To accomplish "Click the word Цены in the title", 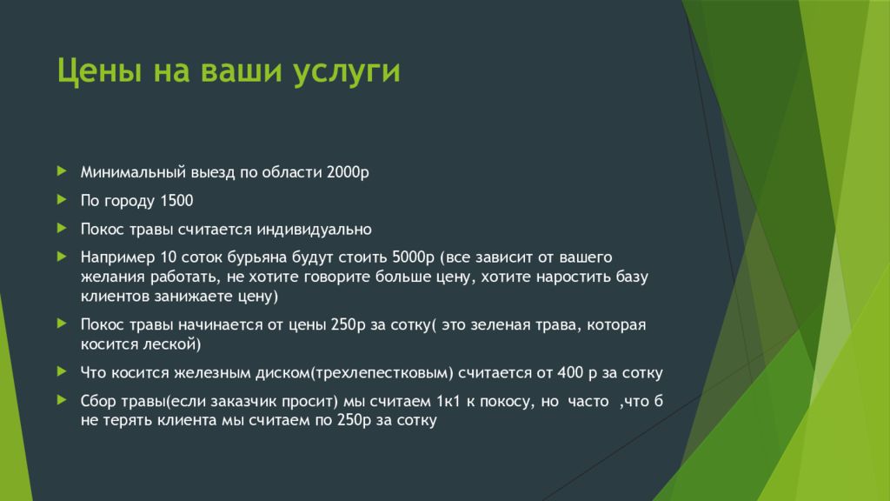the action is point(99,71).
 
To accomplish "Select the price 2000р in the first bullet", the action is point(348,171).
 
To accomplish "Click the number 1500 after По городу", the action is point(176,201).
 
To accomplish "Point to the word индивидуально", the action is point(314,230).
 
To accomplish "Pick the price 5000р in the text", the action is point(413,257).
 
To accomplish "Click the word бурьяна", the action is point(257,257).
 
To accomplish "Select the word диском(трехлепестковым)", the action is point(355,373).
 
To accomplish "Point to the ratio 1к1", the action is point(448,401).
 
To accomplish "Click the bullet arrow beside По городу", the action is point(62,199).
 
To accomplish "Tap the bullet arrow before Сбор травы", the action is point(62,400).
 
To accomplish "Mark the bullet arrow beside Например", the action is point(62,257).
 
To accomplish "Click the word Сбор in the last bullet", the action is point(97,401).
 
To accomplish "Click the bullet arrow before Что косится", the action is point(62,371).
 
